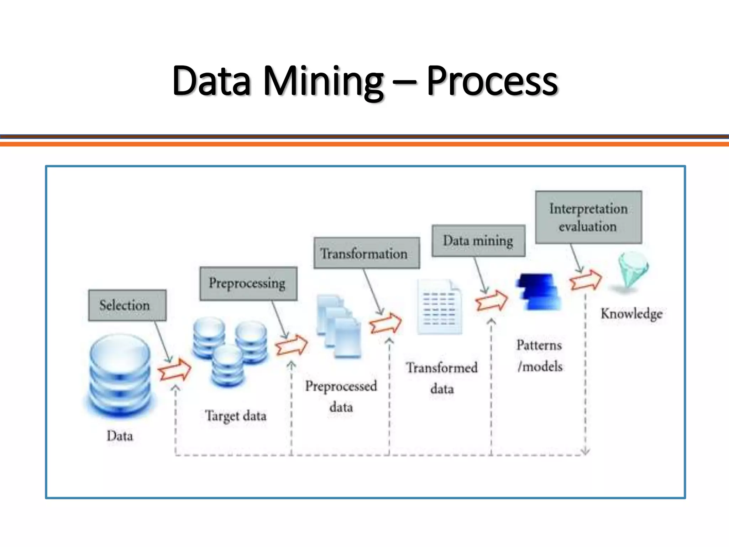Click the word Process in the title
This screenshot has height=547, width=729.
click(x=492, y=81)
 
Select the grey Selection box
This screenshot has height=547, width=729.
click(x=127, y=305)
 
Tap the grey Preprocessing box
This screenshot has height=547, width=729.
click(x=248, y=283)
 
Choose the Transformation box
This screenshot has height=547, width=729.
click(x=366, y=253)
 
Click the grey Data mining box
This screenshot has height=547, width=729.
click(x=478, y=241)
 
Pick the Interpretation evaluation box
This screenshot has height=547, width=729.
click(x=588, y=217)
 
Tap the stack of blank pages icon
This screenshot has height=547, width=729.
click(x=339, y=326)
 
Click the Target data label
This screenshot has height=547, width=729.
click(x=236, y=416)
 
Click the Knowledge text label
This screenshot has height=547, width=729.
click(x=631, y=314)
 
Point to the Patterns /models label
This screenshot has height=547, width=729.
click(x=540, y=356)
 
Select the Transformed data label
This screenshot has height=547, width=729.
click(x=442, y=378)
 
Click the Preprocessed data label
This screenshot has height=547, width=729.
click(x=341, y=396)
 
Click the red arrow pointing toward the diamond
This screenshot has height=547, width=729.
click(x=586, y=280)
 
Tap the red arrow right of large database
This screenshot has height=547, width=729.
click(x=174, y=370)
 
